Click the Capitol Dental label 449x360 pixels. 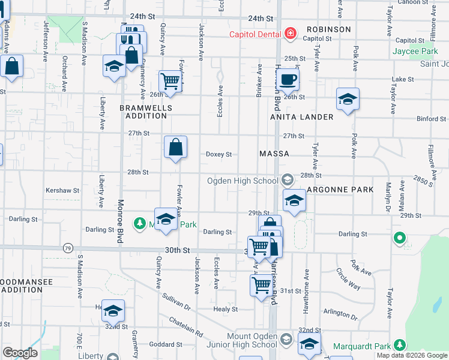(x=255, y=34)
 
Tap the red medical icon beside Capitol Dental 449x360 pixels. (x=291, y=34)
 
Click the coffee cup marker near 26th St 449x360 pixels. (x=288, y=79)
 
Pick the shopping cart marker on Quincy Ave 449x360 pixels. (x=170, y=80)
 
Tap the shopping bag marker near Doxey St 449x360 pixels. (x=176, y=146)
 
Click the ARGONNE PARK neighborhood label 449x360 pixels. (x=340, y=190)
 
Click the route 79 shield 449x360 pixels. (x=68, y=247)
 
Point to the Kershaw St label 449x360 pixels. (x=62, y=191)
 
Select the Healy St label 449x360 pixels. (x=226, y=310)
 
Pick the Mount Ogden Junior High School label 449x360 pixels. (x=252, y=340)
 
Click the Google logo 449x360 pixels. (x=20, y=353)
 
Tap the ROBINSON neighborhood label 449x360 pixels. (x=328, y=29)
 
